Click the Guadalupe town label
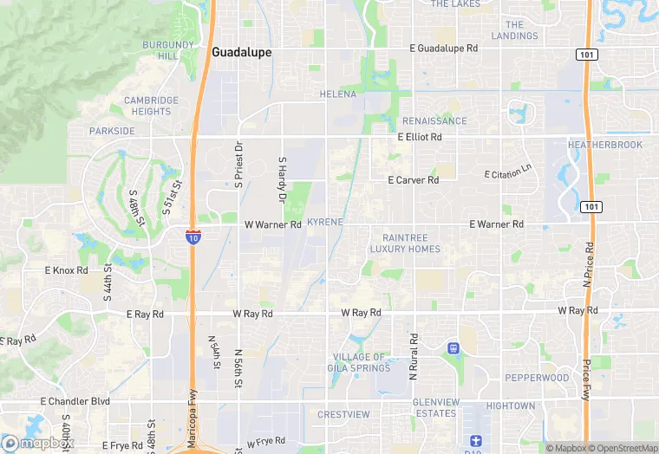(x=241, y=53)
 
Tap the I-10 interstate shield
(x=193, y=236)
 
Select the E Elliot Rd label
(x=420, y=138)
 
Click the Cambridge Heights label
(x=151, y=106)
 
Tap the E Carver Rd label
(x=413, y=180)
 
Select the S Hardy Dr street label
(x=282, y=180)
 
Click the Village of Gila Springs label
(x=359, y=363)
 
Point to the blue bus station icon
(x=453, y=348)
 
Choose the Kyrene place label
(x=325, y=223)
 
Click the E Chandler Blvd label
(x=75, y=402)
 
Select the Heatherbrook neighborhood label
(x=605, y=145)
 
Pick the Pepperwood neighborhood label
(x=537, y=379)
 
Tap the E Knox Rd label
(x=67, y=270)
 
